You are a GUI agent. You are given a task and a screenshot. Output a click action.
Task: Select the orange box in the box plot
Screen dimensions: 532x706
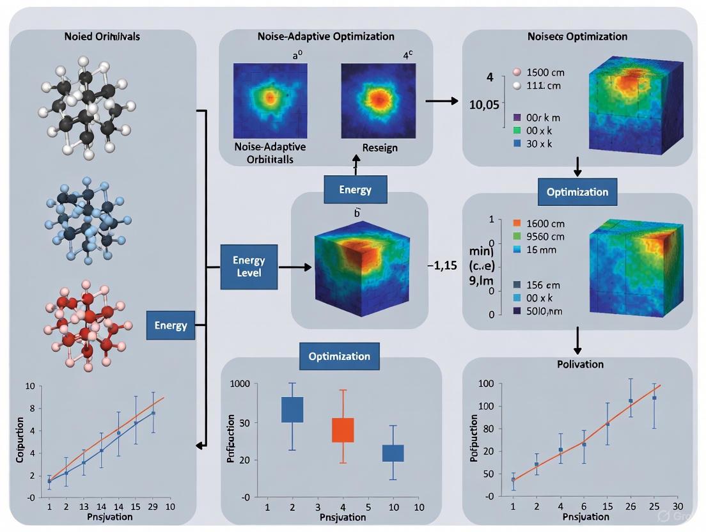[x=343, y=430]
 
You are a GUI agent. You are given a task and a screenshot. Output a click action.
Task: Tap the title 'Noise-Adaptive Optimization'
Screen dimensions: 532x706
[x=326, y=36]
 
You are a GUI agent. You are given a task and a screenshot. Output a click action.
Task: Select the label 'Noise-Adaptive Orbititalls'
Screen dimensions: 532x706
[x=270, y=153]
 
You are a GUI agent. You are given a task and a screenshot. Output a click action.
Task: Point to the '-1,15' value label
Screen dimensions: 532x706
[x=441, y=266]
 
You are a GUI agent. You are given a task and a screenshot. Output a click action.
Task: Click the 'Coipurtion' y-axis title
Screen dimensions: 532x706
[x=19, y=441]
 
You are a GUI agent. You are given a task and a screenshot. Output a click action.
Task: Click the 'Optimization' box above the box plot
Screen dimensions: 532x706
[x=340, y=356]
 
